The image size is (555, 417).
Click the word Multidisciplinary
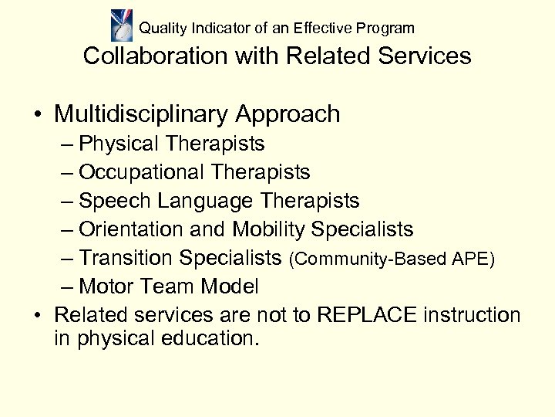click(143, 114)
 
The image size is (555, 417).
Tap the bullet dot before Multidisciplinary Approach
click(37, 115)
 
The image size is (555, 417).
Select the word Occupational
click(143, 172)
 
